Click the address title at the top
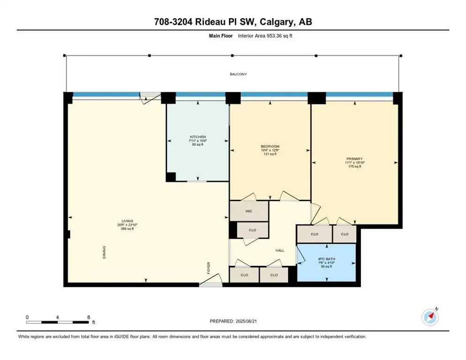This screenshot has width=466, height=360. pos(233,22)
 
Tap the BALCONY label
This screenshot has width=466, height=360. pos(238,74)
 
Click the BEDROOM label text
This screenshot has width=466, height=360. pos(270,147)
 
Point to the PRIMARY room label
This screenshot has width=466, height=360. pos(354,159)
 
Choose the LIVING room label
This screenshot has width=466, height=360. pos(127,221)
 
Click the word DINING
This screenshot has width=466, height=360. pos(105,253)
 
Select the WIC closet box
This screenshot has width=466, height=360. pos(249,211)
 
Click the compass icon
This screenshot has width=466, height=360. pos(429,317)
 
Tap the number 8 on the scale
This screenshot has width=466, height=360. pos(88,317)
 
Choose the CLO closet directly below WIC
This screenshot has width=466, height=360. pos(253,230)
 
